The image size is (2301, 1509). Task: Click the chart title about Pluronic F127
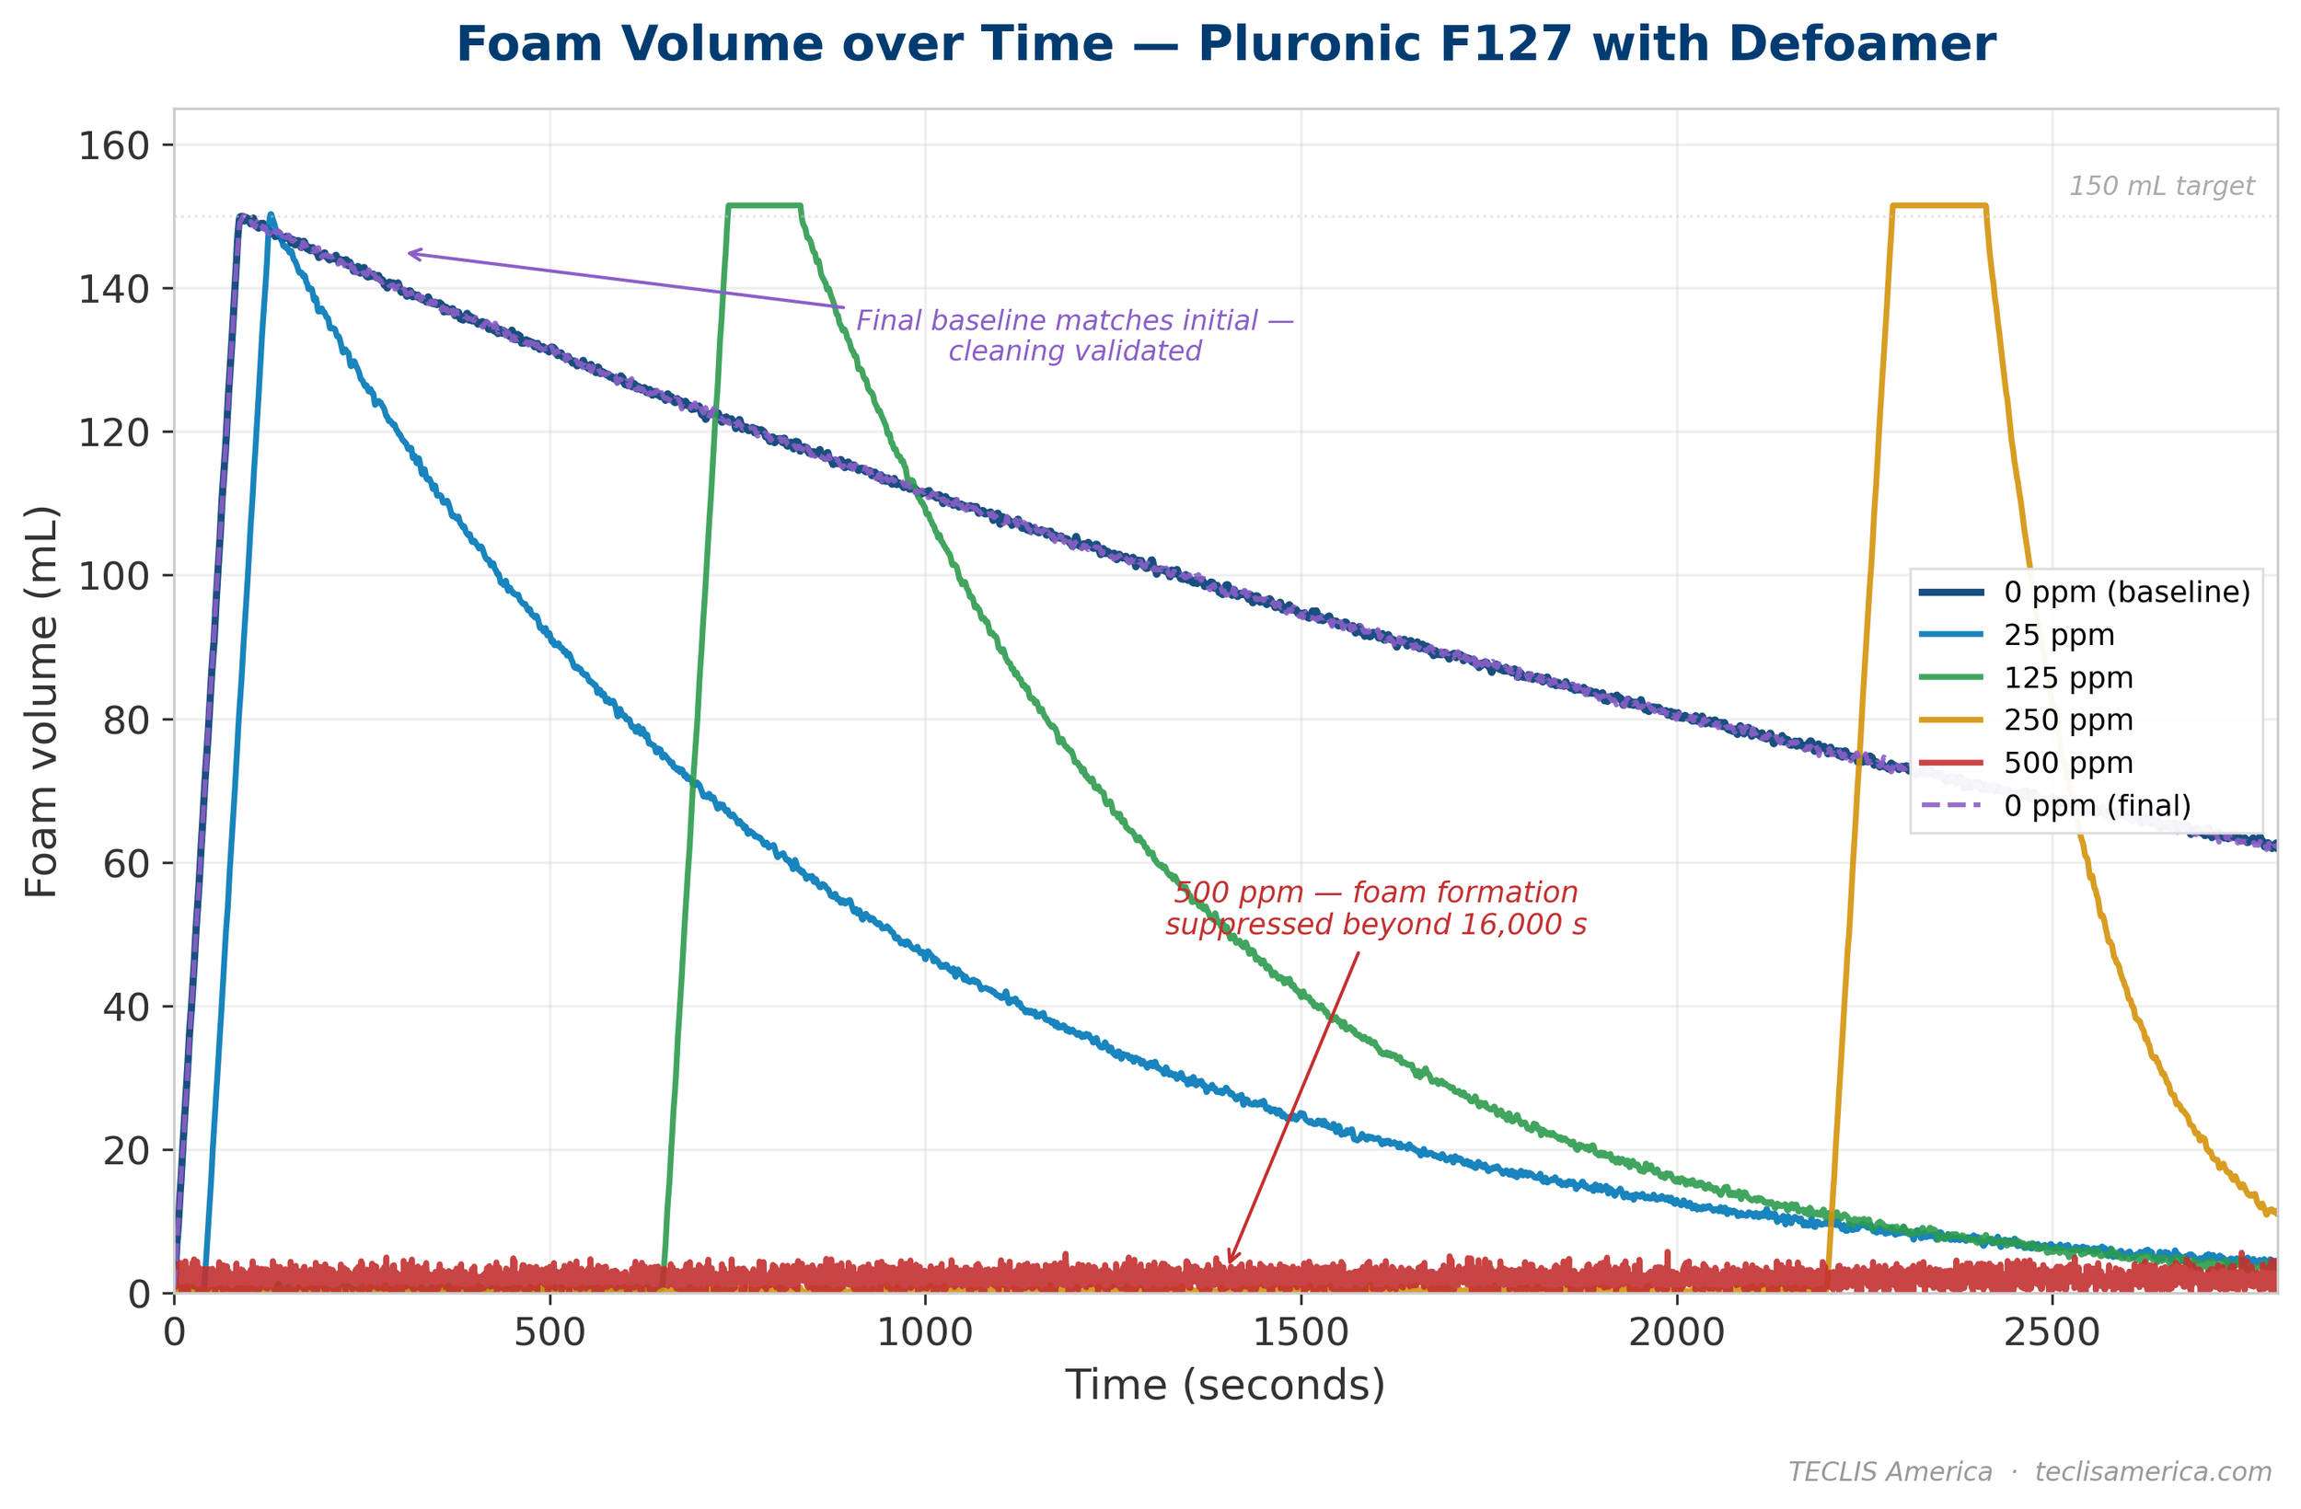[1225, 45]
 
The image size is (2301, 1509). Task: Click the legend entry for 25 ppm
[2058, 636]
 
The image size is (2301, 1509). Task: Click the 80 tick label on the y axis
[126, 720]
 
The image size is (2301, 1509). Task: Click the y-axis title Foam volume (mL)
[42, 701]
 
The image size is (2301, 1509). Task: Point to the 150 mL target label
[2161, 187]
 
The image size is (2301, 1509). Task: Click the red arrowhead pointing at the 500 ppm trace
[1230, 1261]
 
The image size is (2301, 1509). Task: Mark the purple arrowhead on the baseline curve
[410, 254]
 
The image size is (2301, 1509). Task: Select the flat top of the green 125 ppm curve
[764, 205]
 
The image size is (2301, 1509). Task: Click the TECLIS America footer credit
[2029, 1471]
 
